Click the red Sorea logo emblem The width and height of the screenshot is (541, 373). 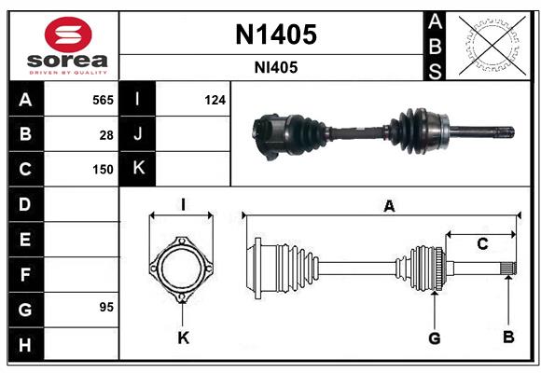click(68, 35)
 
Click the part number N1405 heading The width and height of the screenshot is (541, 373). click(276, 35)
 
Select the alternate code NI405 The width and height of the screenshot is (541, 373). click(276, 68)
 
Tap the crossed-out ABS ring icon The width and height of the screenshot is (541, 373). click(492, 45)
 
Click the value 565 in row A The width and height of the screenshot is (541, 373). click(103, 100)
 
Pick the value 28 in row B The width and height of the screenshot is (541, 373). click(106, 135)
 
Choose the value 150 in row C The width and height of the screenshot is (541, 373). click(103, 170)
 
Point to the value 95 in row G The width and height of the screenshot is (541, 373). click(106, 307)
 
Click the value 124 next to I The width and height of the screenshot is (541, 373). click(215, 100)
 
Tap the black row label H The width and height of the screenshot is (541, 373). click(25, 344)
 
